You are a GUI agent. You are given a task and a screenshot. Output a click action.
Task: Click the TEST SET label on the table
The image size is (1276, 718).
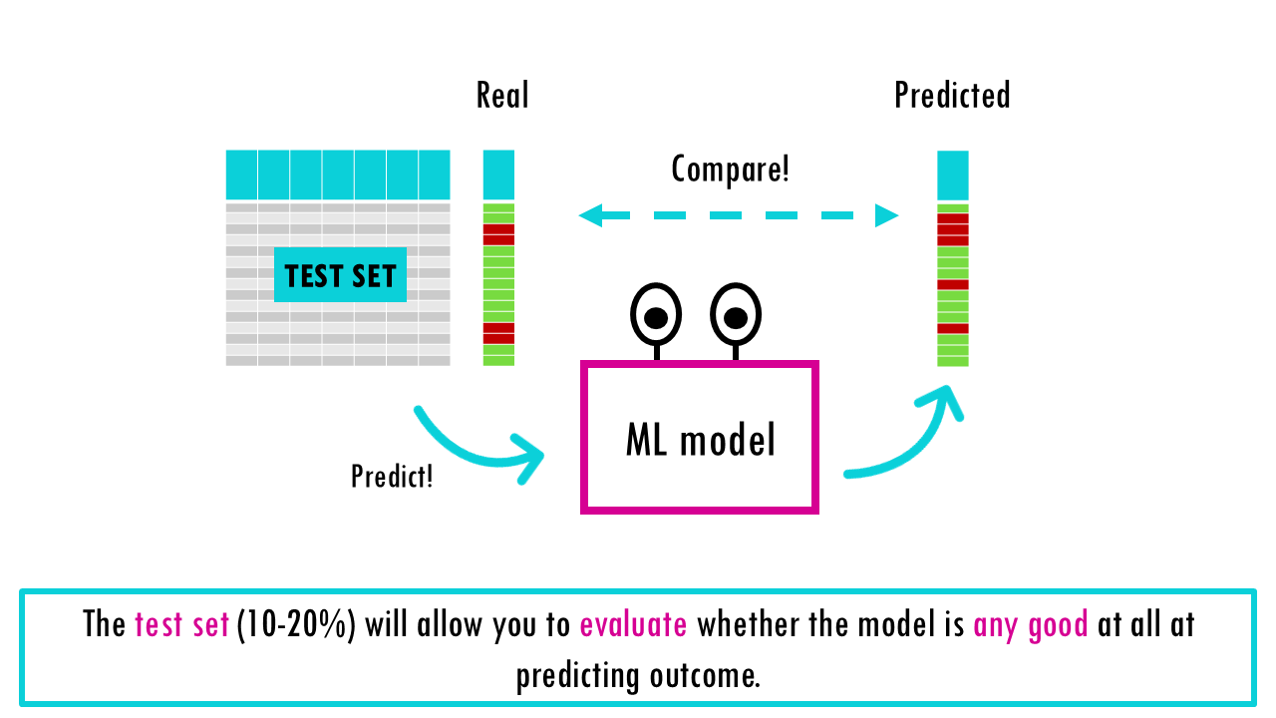tap(340, 275)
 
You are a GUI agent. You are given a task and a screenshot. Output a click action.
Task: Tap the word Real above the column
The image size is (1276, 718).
tap(502, 96)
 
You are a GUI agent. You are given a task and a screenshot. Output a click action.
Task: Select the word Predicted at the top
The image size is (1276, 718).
tap(952, 96)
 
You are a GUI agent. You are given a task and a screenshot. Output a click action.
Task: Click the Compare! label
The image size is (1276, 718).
tap(730, 169)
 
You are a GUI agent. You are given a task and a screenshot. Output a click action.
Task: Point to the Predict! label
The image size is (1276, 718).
tap(392, 476)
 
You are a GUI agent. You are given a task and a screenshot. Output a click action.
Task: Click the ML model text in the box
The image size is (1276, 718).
tap(700, 439)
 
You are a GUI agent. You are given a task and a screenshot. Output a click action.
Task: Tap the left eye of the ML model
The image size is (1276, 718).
tap(656, 315)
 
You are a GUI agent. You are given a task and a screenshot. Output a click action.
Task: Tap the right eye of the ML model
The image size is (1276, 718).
tap(736, 315)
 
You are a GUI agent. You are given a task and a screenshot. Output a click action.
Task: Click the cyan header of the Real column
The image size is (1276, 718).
tap(498, 175)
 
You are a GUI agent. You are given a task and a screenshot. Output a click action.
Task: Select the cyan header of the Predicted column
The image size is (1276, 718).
tap(953, 176)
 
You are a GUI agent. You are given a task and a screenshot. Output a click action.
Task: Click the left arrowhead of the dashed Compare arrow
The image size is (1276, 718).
tap(590, 214)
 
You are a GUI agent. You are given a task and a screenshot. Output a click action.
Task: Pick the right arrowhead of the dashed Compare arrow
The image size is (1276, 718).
tap(886, 214)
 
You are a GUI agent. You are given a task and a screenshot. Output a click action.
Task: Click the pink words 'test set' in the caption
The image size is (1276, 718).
tap(181, 625)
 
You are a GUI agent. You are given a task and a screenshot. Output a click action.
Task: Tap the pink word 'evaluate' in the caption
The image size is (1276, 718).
tap(633, 625)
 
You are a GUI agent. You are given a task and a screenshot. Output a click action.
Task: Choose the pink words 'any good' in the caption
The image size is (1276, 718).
tap(1030, 625)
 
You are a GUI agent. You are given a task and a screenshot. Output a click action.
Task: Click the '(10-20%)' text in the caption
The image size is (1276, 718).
tap(296, 625)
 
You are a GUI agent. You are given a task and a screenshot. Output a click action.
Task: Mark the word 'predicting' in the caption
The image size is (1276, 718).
tap(577, 676)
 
